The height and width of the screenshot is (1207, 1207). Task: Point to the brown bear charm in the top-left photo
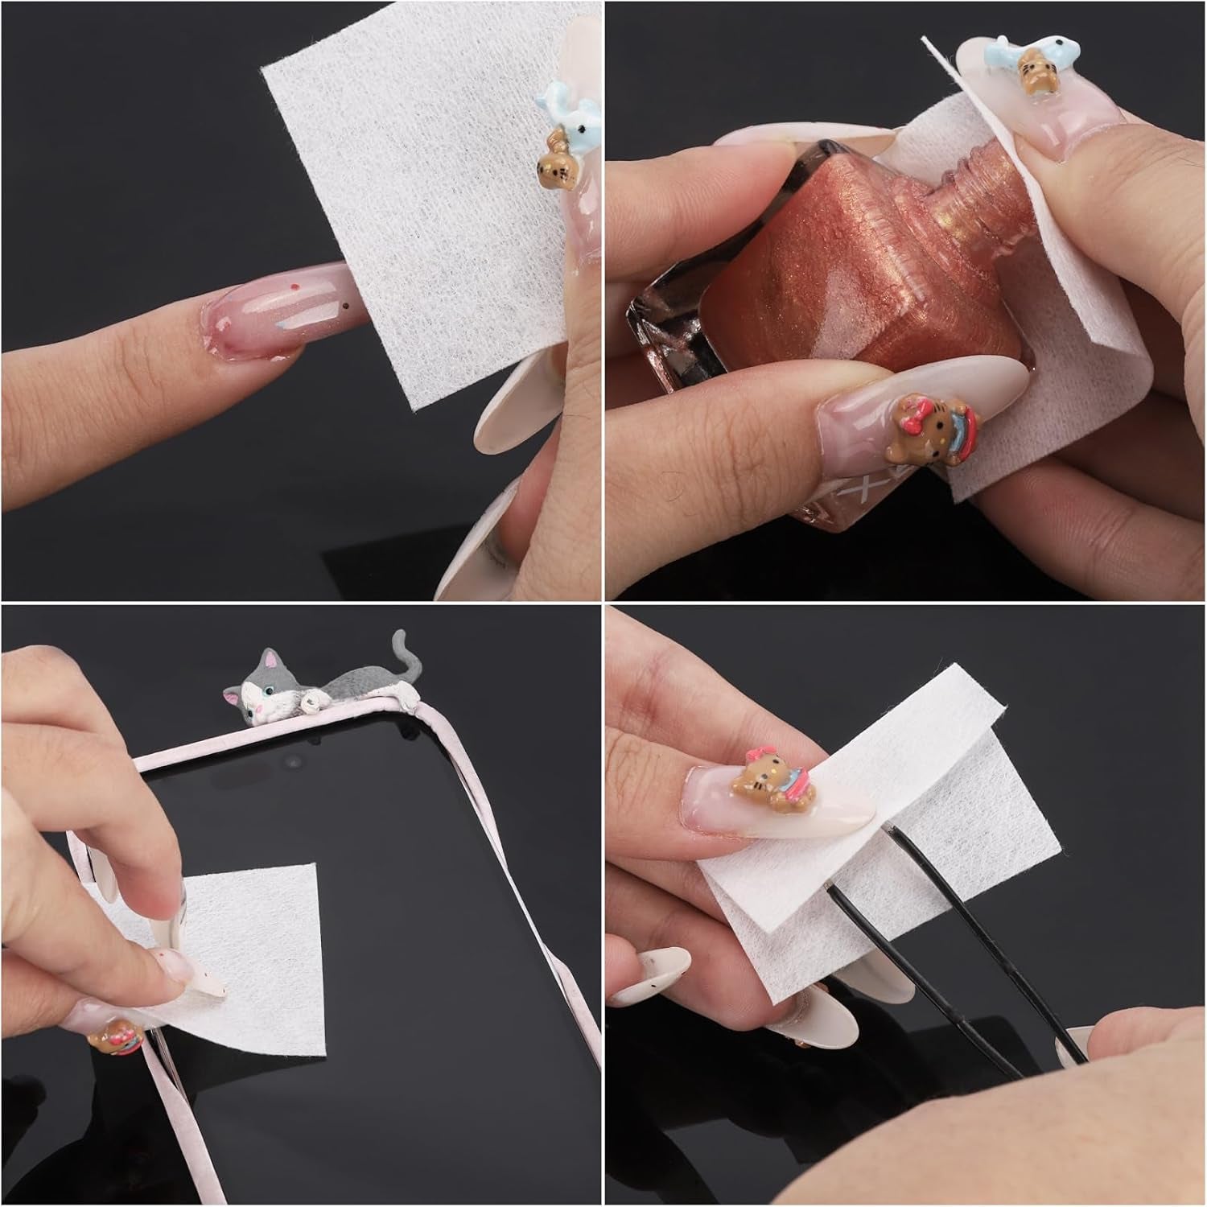coord(554,163)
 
